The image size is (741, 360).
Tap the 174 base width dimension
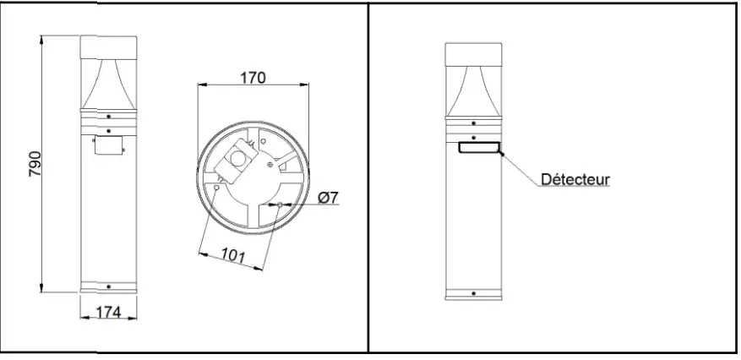coord(107,312)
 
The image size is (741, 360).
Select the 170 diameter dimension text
coord(253,78)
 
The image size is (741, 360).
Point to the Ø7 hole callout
coord(329,198)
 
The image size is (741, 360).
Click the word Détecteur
coord(575,180)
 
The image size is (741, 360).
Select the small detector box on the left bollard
coord(107,146)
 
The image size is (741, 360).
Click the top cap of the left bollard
coord(107,47)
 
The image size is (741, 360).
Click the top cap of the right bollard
coord(473,52)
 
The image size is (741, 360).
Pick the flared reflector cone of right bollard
coord(473,90)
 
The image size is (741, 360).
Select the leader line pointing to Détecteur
coord(520,167)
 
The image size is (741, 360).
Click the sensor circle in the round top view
coord(243,158)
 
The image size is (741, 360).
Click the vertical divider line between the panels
coord(369,177)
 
